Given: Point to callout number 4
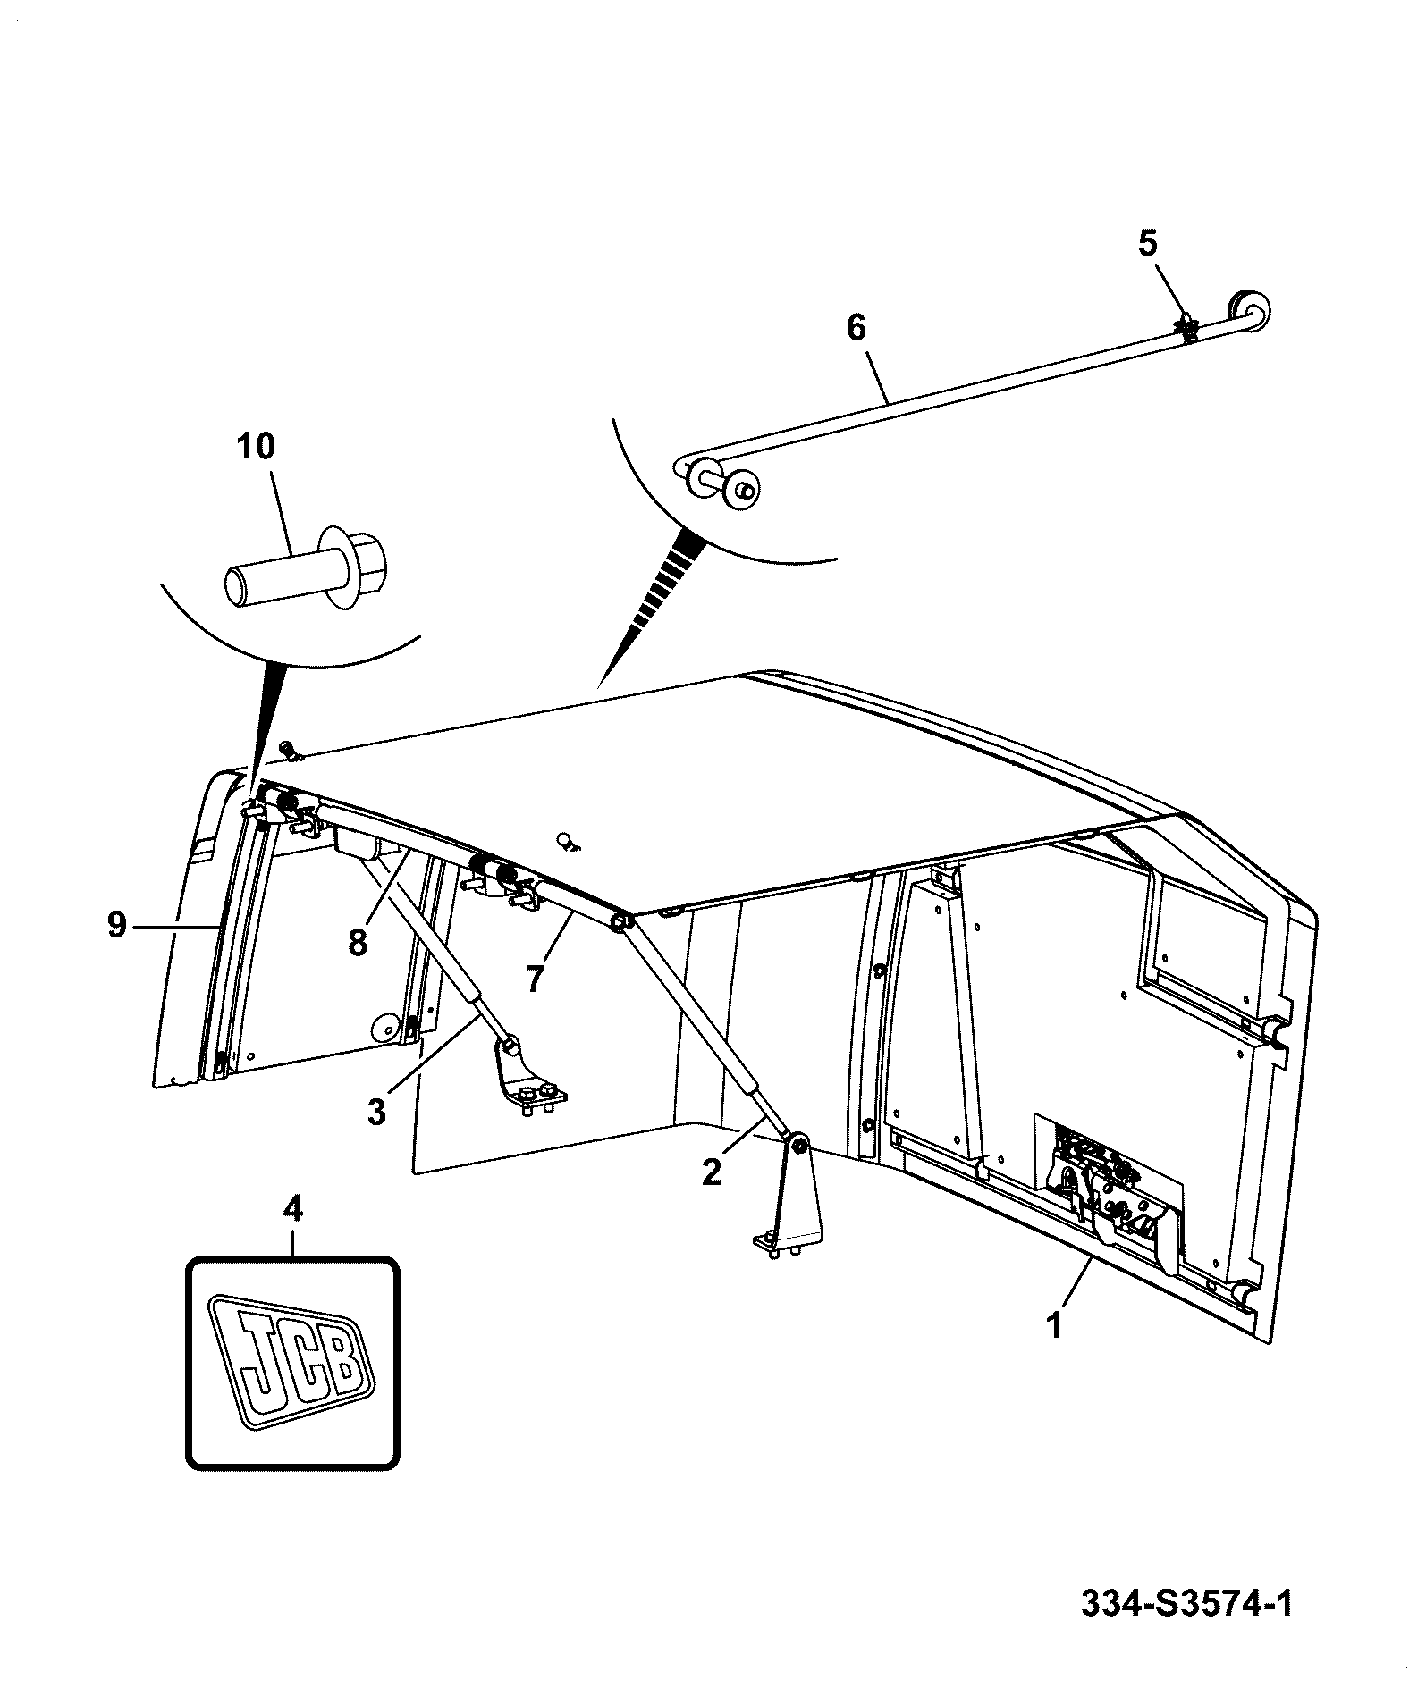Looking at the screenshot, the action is tap(292, 1210).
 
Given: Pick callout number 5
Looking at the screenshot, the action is tap(1147, 243).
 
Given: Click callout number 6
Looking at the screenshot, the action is tap(856, 328).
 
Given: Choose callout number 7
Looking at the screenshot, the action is tap(535, 979).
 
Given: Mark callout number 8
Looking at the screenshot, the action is tap(358, 942).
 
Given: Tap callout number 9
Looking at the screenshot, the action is tap(117, 925).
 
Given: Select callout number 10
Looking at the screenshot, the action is tap(256, 446).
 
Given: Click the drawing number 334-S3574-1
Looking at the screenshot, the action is tap(1186, 1604).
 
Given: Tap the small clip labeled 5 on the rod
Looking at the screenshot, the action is tap(1187, 328).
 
